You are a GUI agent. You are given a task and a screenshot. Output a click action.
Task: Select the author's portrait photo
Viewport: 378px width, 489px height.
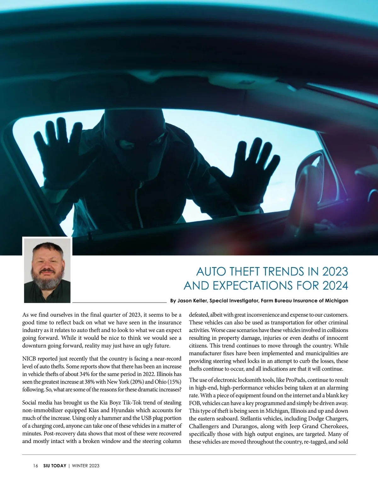pyautogui.click(x=47, y=270)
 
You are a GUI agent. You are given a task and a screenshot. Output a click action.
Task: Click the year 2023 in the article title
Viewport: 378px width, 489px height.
pyautogui.click(x=335, y=271)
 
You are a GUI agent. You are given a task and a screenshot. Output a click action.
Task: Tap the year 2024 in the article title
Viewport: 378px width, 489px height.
pyautogui.click(x=335, y=286)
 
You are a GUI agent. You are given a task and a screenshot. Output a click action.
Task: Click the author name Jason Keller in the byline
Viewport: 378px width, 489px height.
pyautogui.click(x=192, y=301)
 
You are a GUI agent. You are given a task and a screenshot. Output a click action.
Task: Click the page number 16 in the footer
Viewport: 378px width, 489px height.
pyautogui.click(x=36, y=466)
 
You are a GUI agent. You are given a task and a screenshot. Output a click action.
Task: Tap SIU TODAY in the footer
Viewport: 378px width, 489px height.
pyautogui.click(x=55, y=466)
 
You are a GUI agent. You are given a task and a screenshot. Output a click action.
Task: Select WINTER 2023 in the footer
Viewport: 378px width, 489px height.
pyautogui.click(x=86, y=466)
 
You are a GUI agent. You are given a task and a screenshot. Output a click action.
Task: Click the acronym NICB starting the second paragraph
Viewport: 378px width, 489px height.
pyautogui.click(x=29, y=359)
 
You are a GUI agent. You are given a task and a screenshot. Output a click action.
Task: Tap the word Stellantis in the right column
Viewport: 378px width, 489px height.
pyautogui.click(x=253, y=419)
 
